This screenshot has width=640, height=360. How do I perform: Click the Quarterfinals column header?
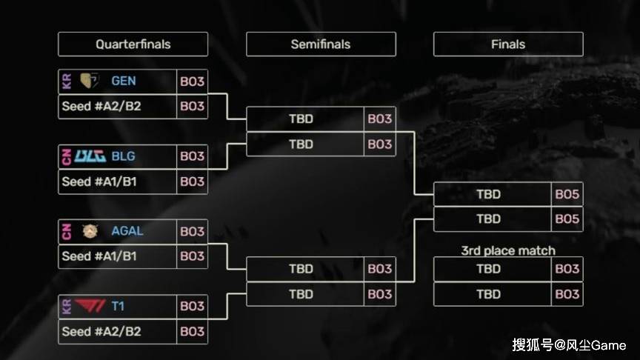[133, 44]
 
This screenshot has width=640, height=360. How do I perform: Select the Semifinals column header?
[320, 44]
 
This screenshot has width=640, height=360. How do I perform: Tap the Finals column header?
[508, 44]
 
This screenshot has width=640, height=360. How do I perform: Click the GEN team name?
[124, 81]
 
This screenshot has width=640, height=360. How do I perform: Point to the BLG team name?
[124, 156]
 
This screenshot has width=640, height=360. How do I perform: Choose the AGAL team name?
[127, 231]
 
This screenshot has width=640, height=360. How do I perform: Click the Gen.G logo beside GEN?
[89, 81]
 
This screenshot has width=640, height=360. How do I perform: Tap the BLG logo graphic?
[90, 156]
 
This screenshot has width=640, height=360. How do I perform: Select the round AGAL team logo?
[90, 231]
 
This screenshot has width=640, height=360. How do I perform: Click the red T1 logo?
[90, 306]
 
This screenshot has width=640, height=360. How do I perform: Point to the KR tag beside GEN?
[65, 81]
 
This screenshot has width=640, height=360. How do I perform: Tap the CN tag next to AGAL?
[65, 231]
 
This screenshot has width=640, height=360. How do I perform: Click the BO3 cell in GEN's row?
[192, 81]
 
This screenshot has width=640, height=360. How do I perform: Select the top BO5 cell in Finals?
[567, 194]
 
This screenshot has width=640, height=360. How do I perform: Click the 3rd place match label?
[508, 250]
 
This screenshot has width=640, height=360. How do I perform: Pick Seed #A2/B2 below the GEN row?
[101, 106]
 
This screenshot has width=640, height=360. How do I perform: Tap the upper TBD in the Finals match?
[489, 194]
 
